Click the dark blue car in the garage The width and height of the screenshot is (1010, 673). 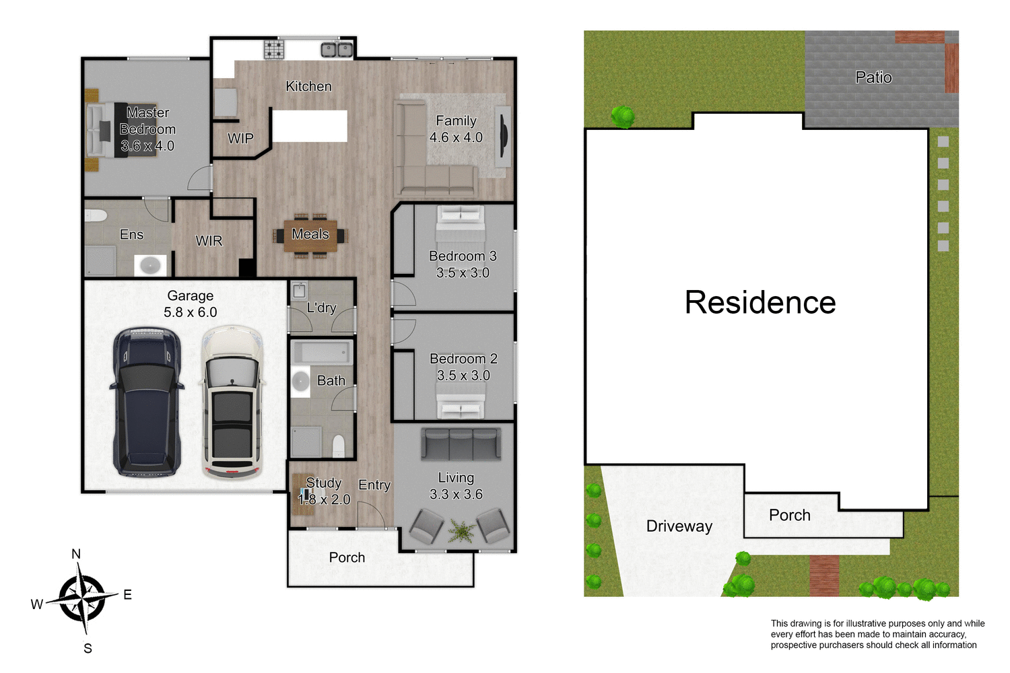click(x=147, y=402)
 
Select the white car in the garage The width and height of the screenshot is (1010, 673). click(x=232, y=402)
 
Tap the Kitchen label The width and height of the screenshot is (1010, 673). click(x=308, y=86)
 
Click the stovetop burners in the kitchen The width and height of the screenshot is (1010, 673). click(x=274, y=49)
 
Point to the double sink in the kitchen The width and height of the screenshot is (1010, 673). click(x=337, y=49)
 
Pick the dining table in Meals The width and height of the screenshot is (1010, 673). click(x=310, y=235)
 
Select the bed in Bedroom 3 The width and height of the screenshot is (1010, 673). click(x=461, y=221)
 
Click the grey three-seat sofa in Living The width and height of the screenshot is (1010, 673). click(x=461, y=444)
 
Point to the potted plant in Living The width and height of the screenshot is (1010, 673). click(x=461, y=531)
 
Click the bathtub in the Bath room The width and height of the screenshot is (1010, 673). click(x=322, y=353)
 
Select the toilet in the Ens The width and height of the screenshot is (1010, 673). click(x=96, y=215)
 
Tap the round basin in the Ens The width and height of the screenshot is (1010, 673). click(x=150, y=264)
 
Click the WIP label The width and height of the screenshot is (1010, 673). click(x=240, y=139)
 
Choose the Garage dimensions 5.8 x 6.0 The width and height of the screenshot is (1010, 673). click(x=191, y=312)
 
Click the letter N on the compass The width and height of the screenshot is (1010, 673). click(x=76, y=554)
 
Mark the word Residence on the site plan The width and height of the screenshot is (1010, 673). click(x=760, y=302)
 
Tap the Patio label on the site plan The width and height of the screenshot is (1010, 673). click(x=873, y=77)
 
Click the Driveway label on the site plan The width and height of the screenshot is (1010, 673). click(x=679, y=526)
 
